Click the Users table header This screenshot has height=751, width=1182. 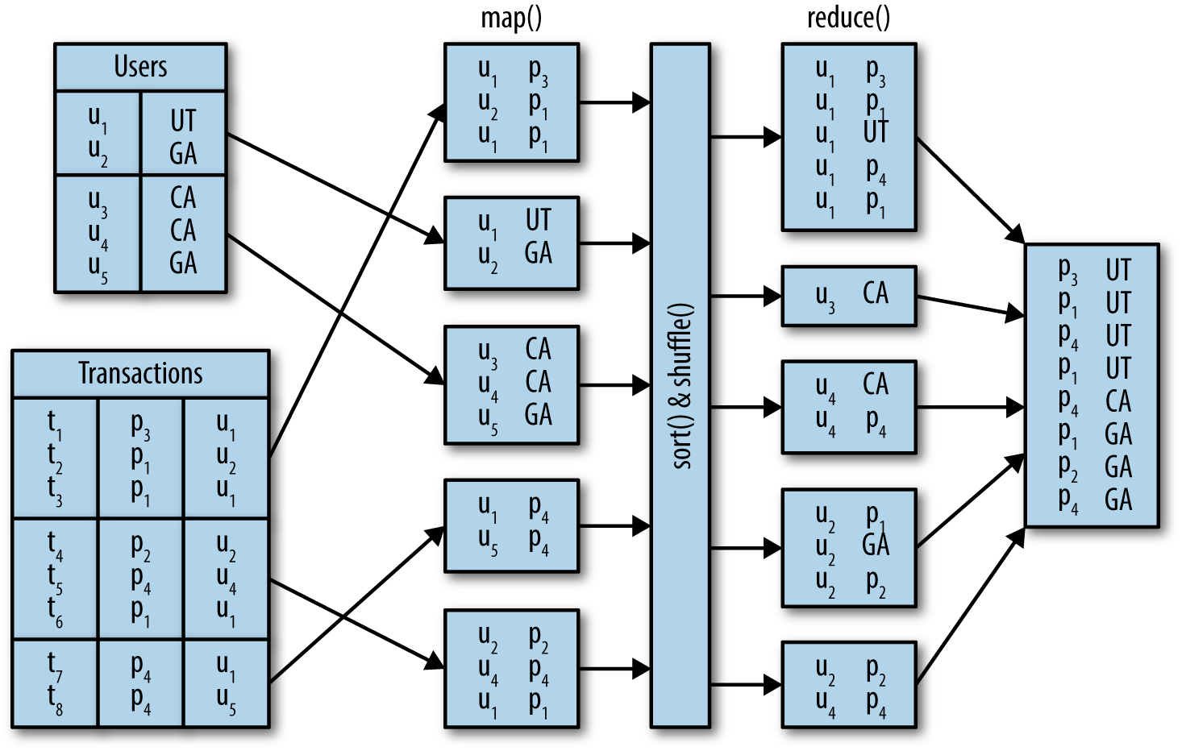[x=140, y=67]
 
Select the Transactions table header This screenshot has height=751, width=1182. [x=140, y=374]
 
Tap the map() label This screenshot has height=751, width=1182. [x=511, y=18]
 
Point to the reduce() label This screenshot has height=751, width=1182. [x=848, y=18]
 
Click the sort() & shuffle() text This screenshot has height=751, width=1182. [x=681, y=386]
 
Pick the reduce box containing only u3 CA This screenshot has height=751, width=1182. [x=849, y=296]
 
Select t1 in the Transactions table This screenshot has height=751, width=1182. [x=54, y=423]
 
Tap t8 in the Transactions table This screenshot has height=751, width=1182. [x=54, y=699]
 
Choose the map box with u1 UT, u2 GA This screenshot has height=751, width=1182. [x=511, y=243]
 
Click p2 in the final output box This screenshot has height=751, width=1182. [x=1068, y=467]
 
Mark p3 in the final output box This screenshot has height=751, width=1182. [x=1068, y=270]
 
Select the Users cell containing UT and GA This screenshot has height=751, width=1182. [x=183, y=135]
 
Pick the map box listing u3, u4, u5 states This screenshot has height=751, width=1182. [x=511, y=384]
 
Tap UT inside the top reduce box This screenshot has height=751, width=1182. [x=876, y=131]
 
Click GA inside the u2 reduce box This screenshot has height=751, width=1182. [x=876, y=546]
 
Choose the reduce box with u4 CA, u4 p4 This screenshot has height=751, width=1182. [x=849, y=407]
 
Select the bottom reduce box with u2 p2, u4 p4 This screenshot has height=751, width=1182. [x=849, y=684]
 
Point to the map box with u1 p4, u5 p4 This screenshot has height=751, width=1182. [x=511, y=525]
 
